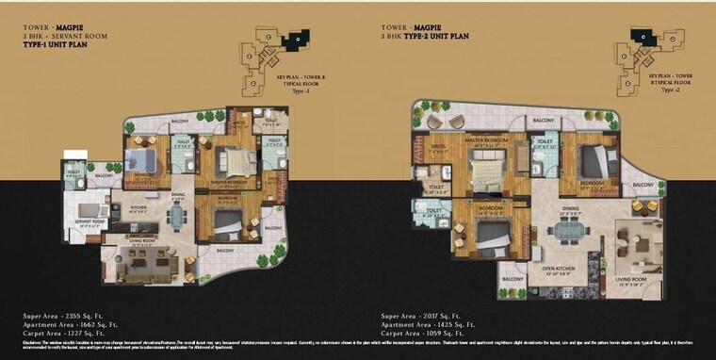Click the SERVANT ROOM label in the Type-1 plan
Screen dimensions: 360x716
(x=89, y=222)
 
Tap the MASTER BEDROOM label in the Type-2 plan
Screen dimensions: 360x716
(x=486, y=139)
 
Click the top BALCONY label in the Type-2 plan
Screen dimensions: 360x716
(x=543, y=121)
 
